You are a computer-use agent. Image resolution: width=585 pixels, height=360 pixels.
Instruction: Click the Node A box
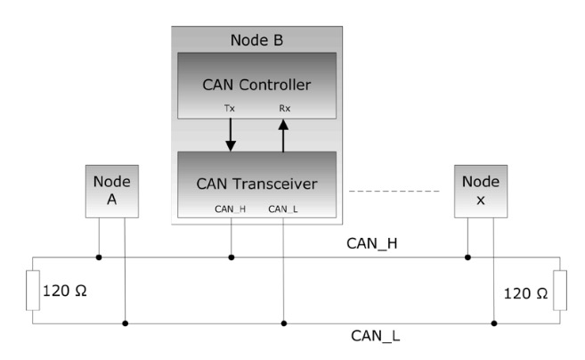coord(112,192)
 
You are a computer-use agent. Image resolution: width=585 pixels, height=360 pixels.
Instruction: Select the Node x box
coord(481,192)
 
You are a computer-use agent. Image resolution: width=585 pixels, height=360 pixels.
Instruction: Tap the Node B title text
coord(256,40)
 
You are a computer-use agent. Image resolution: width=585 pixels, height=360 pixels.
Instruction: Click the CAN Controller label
coord(256,85)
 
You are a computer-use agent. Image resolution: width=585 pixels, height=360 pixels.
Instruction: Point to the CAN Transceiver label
coord(256,184)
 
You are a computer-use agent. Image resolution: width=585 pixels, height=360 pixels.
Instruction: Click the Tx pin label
coord(230,109)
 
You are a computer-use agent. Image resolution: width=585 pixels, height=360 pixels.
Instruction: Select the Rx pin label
coord(285,109)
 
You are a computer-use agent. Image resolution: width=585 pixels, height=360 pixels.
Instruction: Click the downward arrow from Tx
coord(231,135)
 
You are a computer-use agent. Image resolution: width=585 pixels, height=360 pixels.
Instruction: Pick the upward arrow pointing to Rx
coord(283,135)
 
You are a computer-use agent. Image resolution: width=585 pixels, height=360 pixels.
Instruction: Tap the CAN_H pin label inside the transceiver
coord(231,209)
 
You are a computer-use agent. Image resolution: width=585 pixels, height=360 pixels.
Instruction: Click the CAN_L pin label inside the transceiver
coord(283,209)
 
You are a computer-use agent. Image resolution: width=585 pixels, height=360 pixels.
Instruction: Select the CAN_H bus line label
coord(372,243)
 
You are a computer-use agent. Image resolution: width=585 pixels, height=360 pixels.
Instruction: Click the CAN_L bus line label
coord(376,336)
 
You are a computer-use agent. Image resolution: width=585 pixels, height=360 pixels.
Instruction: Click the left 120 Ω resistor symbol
coord(33,290)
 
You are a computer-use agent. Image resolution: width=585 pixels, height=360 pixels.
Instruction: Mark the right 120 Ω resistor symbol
coord(560,290)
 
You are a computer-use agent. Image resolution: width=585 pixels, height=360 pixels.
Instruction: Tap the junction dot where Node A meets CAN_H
coord(99,258)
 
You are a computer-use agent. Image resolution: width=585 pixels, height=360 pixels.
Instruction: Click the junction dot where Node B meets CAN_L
coord(284,323)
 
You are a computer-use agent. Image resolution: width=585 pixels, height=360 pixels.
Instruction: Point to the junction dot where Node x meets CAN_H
coord(467,258)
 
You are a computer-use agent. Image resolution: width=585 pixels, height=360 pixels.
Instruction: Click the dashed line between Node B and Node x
coord(394,192)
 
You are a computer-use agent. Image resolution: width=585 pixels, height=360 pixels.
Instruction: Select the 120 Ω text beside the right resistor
coord(525,293)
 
